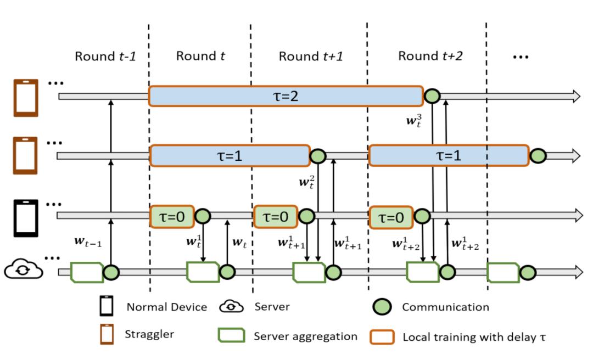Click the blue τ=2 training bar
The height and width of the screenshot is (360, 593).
coord(286,96)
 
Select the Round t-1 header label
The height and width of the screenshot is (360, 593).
coord(105,56)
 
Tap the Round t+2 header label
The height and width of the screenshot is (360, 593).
coord(429,56)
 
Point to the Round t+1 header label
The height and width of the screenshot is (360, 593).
coord(311,56)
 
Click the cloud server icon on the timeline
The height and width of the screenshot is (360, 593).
coord(24,269)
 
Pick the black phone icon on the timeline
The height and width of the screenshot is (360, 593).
coord(25,218)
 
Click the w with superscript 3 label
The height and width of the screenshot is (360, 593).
coord(415,121)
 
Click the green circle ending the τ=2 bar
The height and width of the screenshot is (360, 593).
coord(432,97)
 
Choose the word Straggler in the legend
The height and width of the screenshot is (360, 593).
coord(150,334)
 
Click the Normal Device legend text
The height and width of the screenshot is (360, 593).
coord(167,307)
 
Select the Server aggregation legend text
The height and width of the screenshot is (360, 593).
coord(305,336)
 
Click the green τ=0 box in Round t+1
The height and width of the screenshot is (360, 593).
coord(275,217)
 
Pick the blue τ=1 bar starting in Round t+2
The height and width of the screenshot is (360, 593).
coord(448,156)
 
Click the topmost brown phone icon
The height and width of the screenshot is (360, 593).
coord(26,98)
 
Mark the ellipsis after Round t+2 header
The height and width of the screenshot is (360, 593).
coord(519,56)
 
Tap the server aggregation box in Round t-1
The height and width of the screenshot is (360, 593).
coord(87,272)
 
